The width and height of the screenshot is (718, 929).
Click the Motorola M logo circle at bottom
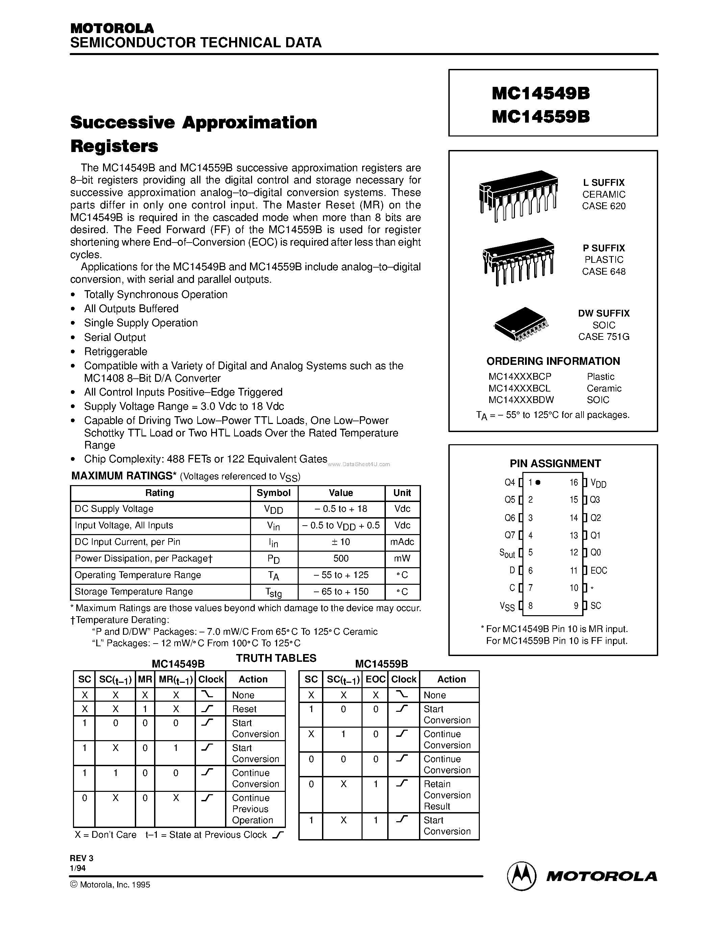[521, 876]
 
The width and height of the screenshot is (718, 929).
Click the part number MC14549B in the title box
[541, 94]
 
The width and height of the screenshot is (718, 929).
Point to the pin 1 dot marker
[538, 482]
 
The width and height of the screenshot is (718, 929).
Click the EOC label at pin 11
[598, 571]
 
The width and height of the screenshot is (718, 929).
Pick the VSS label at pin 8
[507, 606]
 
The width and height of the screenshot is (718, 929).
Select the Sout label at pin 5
[507, 553]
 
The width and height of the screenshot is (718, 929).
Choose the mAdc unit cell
[402, 542]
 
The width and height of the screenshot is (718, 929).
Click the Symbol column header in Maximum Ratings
[273, 493]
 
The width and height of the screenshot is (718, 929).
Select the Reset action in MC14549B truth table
[244, 709]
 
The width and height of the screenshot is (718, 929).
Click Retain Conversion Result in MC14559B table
[447, 795]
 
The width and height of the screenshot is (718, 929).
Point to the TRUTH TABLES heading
[276, 658]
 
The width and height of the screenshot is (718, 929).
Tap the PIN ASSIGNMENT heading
[555, 463]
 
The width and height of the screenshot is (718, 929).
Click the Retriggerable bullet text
[116, 351]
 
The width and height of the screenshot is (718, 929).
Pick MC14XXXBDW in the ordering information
[521, 400]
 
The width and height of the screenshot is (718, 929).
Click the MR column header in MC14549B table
[145, 679]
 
